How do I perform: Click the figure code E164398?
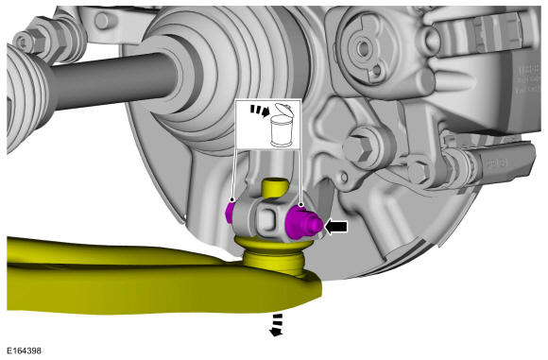click(25, 351)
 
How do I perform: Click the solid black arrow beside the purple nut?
click(336, 227)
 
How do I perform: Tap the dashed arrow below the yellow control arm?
click(277, 325)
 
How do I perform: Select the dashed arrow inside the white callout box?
click(261, 110)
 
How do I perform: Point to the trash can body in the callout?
click(281, 131)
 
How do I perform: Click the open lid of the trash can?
click(284, 109)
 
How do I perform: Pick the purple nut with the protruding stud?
click(302, 222)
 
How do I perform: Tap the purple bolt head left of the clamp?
click(230, 213)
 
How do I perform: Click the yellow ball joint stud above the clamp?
click(275, 187)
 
